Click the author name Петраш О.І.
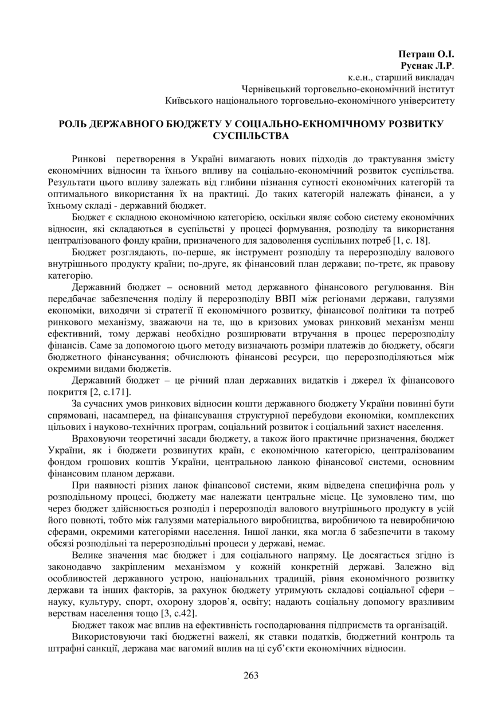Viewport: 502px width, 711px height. [425, 55]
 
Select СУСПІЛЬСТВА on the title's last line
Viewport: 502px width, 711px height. [250, 136]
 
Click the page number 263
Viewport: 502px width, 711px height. [251, 675]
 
